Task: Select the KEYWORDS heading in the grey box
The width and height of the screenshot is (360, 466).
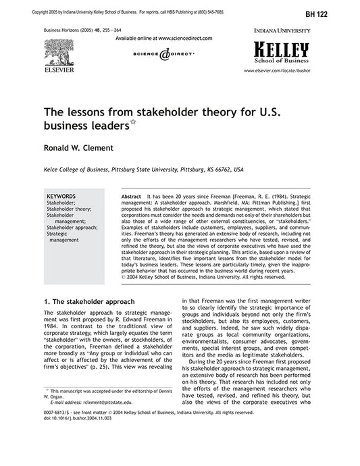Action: (x=61, y=195)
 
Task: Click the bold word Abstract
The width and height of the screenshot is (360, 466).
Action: (x=130, y=195)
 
